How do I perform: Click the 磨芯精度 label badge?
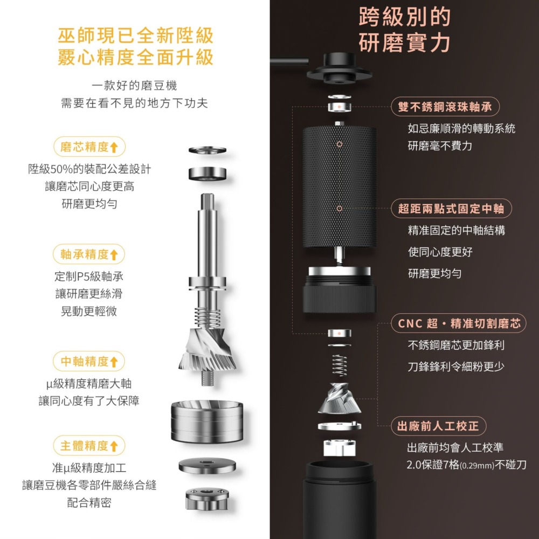pyautogui.click(x=89, y=147)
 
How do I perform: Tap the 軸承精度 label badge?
pyautogui.click(x=89, y=254)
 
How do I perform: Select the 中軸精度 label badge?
pyautogui.click(x=89, y=361)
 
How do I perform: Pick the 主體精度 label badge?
pyautogui.click(x=89, y=446)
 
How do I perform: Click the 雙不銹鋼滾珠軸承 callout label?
pyautogui.click(x=445, y=107)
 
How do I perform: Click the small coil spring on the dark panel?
pyautogui.click(x=339, y=365)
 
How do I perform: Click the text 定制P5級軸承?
pyautogui.click(x=89, y=277)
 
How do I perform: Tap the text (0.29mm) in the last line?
pyautogui.click(x=478, y=465)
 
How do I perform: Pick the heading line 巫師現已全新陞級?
pyautogui.click(x=135, y=36)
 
